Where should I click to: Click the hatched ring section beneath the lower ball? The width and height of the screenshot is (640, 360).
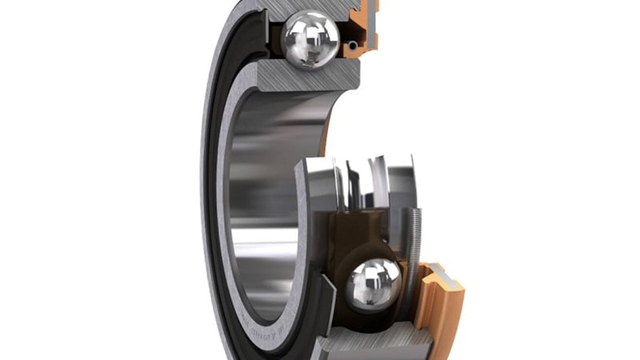(368, 342)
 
